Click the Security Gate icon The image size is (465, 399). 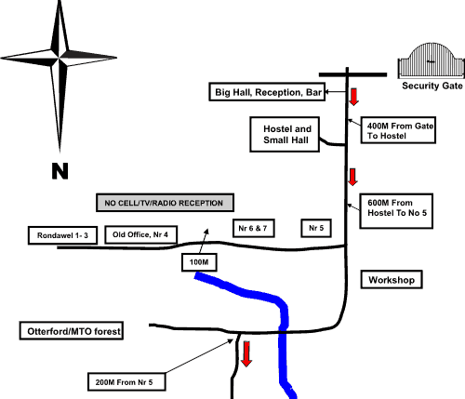[432, 60]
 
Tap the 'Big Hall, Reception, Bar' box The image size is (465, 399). [267, 92]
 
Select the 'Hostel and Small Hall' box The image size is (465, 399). [285, 134]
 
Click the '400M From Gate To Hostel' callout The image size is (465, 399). [398, 130]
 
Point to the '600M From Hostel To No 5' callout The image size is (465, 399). [396, 211]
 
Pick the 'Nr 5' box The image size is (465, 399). [316, 228]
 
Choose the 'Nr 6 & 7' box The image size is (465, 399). [254, 228]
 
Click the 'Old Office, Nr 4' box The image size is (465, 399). [141, 234]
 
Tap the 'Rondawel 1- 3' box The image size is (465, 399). [62, 235]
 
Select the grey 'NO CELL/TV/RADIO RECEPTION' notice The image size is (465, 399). [165, 203]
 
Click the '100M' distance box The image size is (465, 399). [199, 262]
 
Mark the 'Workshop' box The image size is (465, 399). [392, 280]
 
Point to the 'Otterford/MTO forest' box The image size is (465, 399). [72, 331]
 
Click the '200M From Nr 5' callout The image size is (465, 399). [126, 382]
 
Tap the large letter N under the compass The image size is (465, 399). [60, 171]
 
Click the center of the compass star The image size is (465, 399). [59, 58]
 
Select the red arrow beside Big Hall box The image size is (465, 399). [353, 97]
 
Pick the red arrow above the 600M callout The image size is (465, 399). [352, 178]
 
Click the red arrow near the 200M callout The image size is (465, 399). [246, 354]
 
